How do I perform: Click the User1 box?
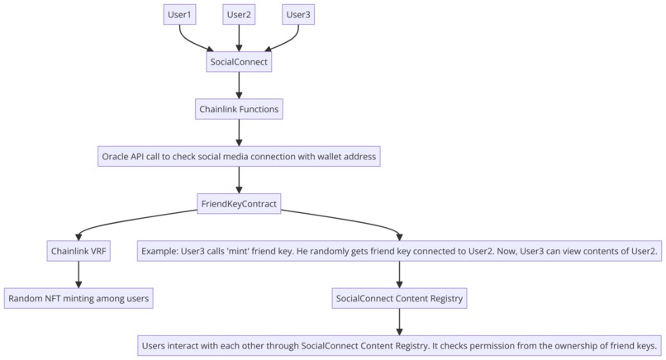click(x=179, y=14)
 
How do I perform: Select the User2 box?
click(x=239, y=14)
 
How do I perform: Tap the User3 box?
click(x=298, y=14)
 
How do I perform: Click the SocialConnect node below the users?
click(x=239, y=61)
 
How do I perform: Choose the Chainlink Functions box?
click(x=239, y=108)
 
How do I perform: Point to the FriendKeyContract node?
click(x=239, y=203)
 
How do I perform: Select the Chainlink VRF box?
click(x=78, y=251)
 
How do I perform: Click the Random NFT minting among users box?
click(x=78, y=298)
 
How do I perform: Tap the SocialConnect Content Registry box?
click(x=400, y=298)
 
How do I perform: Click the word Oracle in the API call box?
click(x=115, y=156)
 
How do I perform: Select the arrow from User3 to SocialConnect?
click(x=285, y=40)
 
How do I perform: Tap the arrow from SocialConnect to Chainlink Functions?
click(x=239, y=84)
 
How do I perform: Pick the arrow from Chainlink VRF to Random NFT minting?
click(x=78, y=274)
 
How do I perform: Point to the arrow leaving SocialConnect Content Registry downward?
click(x=400, y=321)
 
